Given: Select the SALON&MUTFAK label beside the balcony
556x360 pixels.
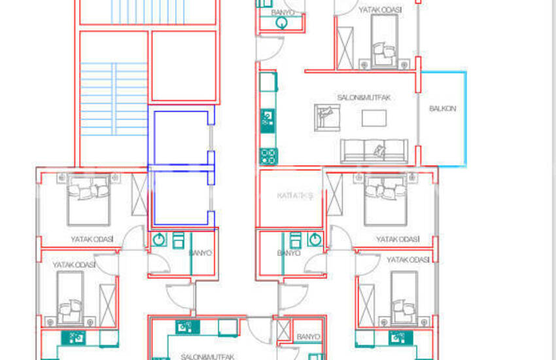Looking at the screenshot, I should pyautogui.click(x=364, y=98).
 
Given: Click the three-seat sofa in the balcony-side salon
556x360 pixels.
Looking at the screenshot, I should pyautogui.click(x=374, y=151).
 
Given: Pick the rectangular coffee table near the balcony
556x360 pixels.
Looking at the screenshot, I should pyautogui.click(x=374, y=118).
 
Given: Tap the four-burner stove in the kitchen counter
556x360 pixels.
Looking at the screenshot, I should pyautogui.click(x=268, y=156).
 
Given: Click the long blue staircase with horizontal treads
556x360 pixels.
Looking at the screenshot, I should pyautogui.click(x=113, y=99).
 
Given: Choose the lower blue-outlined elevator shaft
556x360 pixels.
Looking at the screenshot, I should pyautogui.click(x=180, y=198).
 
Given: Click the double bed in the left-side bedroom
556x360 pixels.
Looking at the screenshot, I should pyautogui.click(x=88, y=199).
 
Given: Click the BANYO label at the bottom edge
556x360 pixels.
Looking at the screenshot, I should pyautogui.click(x=307, y=337).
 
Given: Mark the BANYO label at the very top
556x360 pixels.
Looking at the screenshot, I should pyautogui.click(x=282, y=12).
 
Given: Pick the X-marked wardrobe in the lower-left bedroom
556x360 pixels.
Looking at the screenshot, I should pyautogui.click(x=107, y=302).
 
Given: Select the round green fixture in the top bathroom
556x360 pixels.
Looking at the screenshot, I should pyautogui.click(x=282, y=24).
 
